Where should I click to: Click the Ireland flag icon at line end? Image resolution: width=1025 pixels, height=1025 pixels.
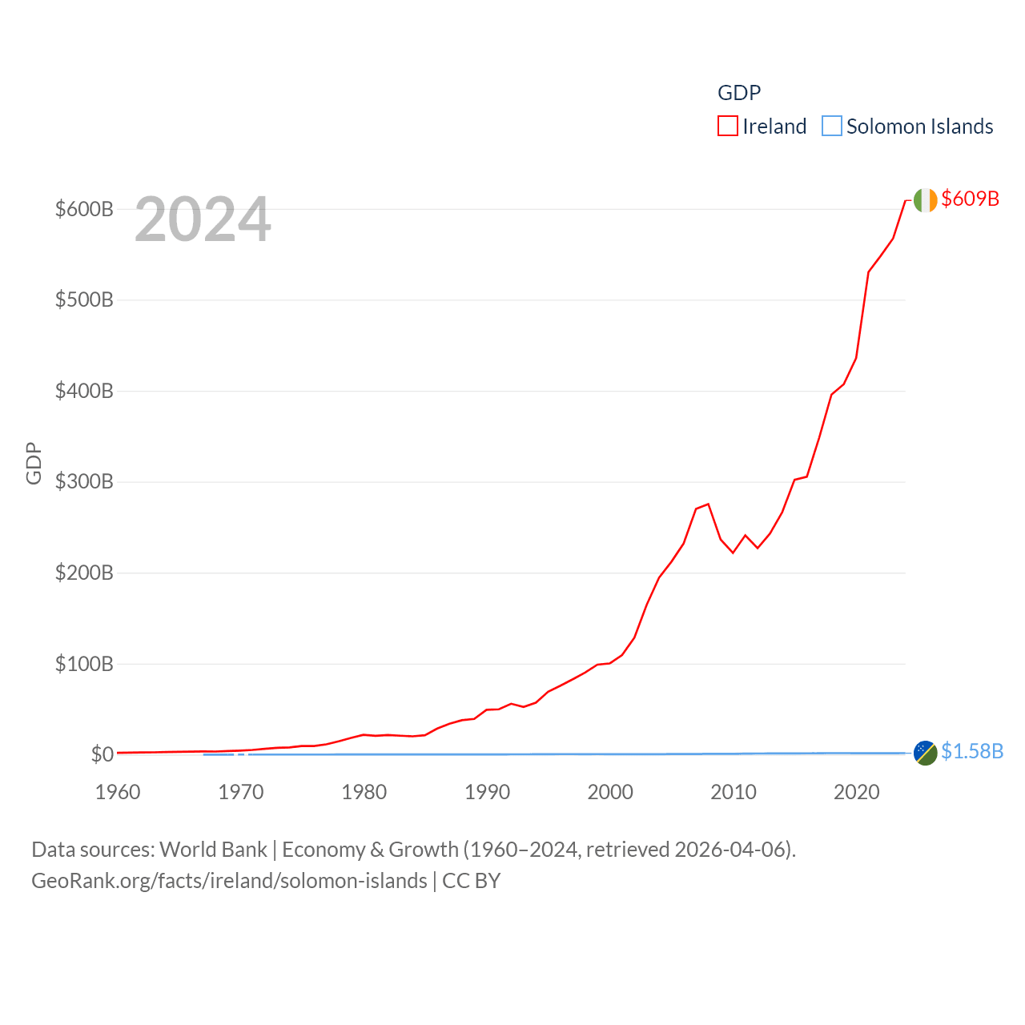(925, 200)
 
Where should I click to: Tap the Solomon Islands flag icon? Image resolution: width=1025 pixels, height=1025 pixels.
(925, 753)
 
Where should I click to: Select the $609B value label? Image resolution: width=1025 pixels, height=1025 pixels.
(970, 199)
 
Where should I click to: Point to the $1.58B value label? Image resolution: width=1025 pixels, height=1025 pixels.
(971, 751)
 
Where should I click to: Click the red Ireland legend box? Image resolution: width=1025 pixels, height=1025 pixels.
(727, 127)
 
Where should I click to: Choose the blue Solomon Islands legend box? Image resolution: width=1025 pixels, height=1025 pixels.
(832, 127)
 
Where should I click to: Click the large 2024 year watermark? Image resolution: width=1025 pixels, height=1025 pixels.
(203, 219)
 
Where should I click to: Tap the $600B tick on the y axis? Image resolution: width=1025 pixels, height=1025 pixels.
(84, 209)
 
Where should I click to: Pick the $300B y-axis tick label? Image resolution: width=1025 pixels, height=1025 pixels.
(84, 481)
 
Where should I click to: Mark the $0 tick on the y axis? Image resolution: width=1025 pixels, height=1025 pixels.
(102, 754)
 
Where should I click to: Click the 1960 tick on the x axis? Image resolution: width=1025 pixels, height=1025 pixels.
(118, 792)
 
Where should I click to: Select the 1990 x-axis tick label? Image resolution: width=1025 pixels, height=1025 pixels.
(487, 792)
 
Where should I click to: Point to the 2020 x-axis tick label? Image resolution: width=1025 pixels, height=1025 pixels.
(856, 792)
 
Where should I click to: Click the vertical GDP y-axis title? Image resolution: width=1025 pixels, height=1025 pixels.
(34, 463)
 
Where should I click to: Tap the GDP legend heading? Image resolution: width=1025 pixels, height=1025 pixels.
(738, 93)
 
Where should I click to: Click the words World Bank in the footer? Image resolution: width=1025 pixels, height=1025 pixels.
(214, 849)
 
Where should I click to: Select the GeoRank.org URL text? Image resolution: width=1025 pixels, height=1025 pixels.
(229, 881)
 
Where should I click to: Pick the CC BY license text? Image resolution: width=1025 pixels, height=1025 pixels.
(472, 881)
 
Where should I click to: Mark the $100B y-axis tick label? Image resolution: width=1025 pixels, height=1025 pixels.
(84, 664)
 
